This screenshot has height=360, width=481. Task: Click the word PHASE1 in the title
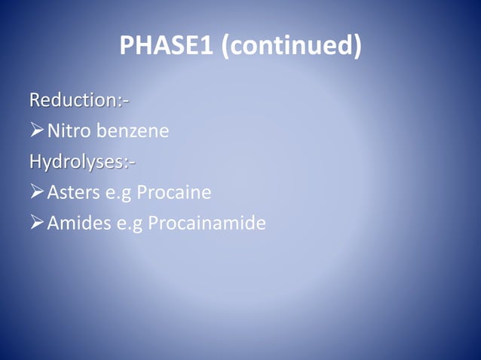tap(167, 47)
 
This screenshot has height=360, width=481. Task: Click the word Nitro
tap(66, 132)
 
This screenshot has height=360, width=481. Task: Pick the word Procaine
tap(172, 193)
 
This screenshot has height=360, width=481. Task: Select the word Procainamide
tap(207, 224)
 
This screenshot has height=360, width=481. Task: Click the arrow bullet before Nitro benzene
tap(37, 132)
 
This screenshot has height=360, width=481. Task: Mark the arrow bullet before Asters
tap(37, 193)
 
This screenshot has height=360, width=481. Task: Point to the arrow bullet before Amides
tap(37, 224)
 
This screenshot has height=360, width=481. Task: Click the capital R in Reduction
tap(35, 100)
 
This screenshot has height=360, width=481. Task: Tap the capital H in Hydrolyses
tap(35, 162)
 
